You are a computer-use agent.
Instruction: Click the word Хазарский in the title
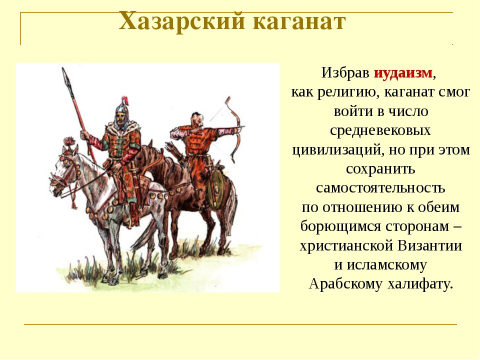[x=182, y=22]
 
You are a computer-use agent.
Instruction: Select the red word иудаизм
[x=403, y=73]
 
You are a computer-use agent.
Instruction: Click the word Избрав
[x=345, y=73]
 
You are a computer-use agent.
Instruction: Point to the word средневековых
[x=380, y=130]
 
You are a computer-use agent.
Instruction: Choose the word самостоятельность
[x=380, y=188]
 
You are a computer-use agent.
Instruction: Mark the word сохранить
[x=380, y=169]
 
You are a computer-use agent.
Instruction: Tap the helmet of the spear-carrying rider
[x=121, y=107]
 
